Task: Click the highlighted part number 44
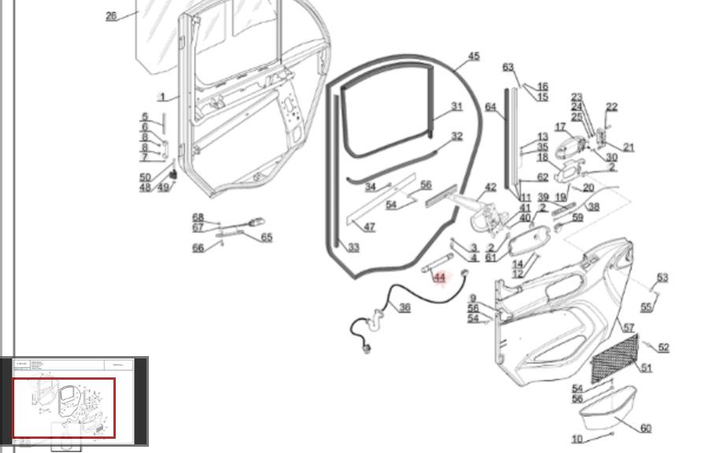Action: pos(439,277)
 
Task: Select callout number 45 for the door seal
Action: pos(473,57)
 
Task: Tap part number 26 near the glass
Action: pos(111,16)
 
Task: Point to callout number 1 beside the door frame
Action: pos(162,98)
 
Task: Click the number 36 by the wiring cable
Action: pos(405,307)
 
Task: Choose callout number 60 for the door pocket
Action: pos(646,429)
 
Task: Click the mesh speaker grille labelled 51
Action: pos(614,358)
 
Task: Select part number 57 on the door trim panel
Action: pos(628,328)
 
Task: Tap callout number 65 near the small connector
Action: pos(266,238)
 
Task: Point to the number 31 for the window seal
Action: pos(457,106)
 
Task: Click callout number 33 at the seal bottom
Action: pos(354,247)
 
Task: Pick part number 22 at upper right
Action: pos(611,107)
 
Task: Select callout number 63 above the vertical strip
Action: pos(508,68)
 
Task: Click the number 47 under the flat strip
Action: pos(369,228)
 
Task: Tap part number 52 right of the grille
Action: pos(663,347)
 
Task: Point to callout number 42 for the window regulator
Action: pos(491,188)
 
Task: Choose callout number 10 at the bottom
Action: pos(577,439)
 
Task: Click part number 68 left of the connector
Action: pos(198,218)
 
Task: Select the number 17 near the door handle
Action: pos(560,128)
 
